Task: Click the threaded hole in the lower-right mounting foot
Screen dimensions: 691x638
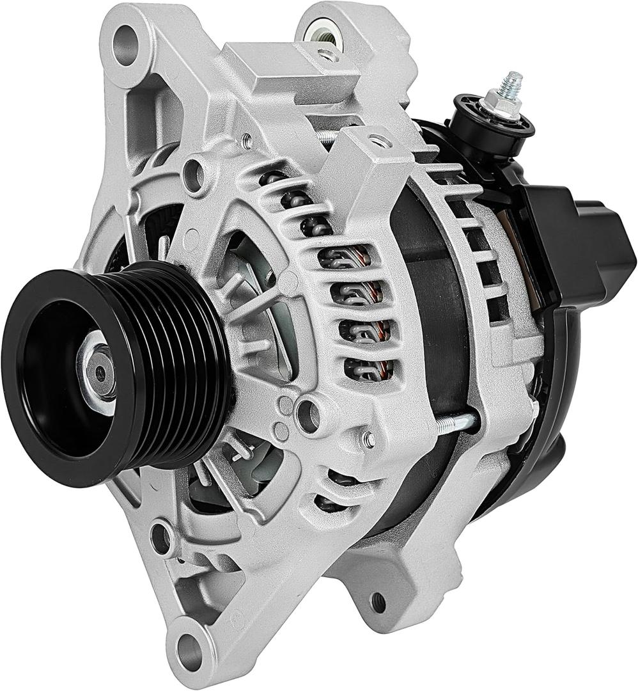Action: [378, 601]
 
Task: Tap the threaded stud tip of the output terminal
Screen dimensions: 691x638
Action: [511, 82]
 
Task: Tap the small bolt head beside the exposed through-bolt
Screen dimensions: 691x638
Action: [368, 438]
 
